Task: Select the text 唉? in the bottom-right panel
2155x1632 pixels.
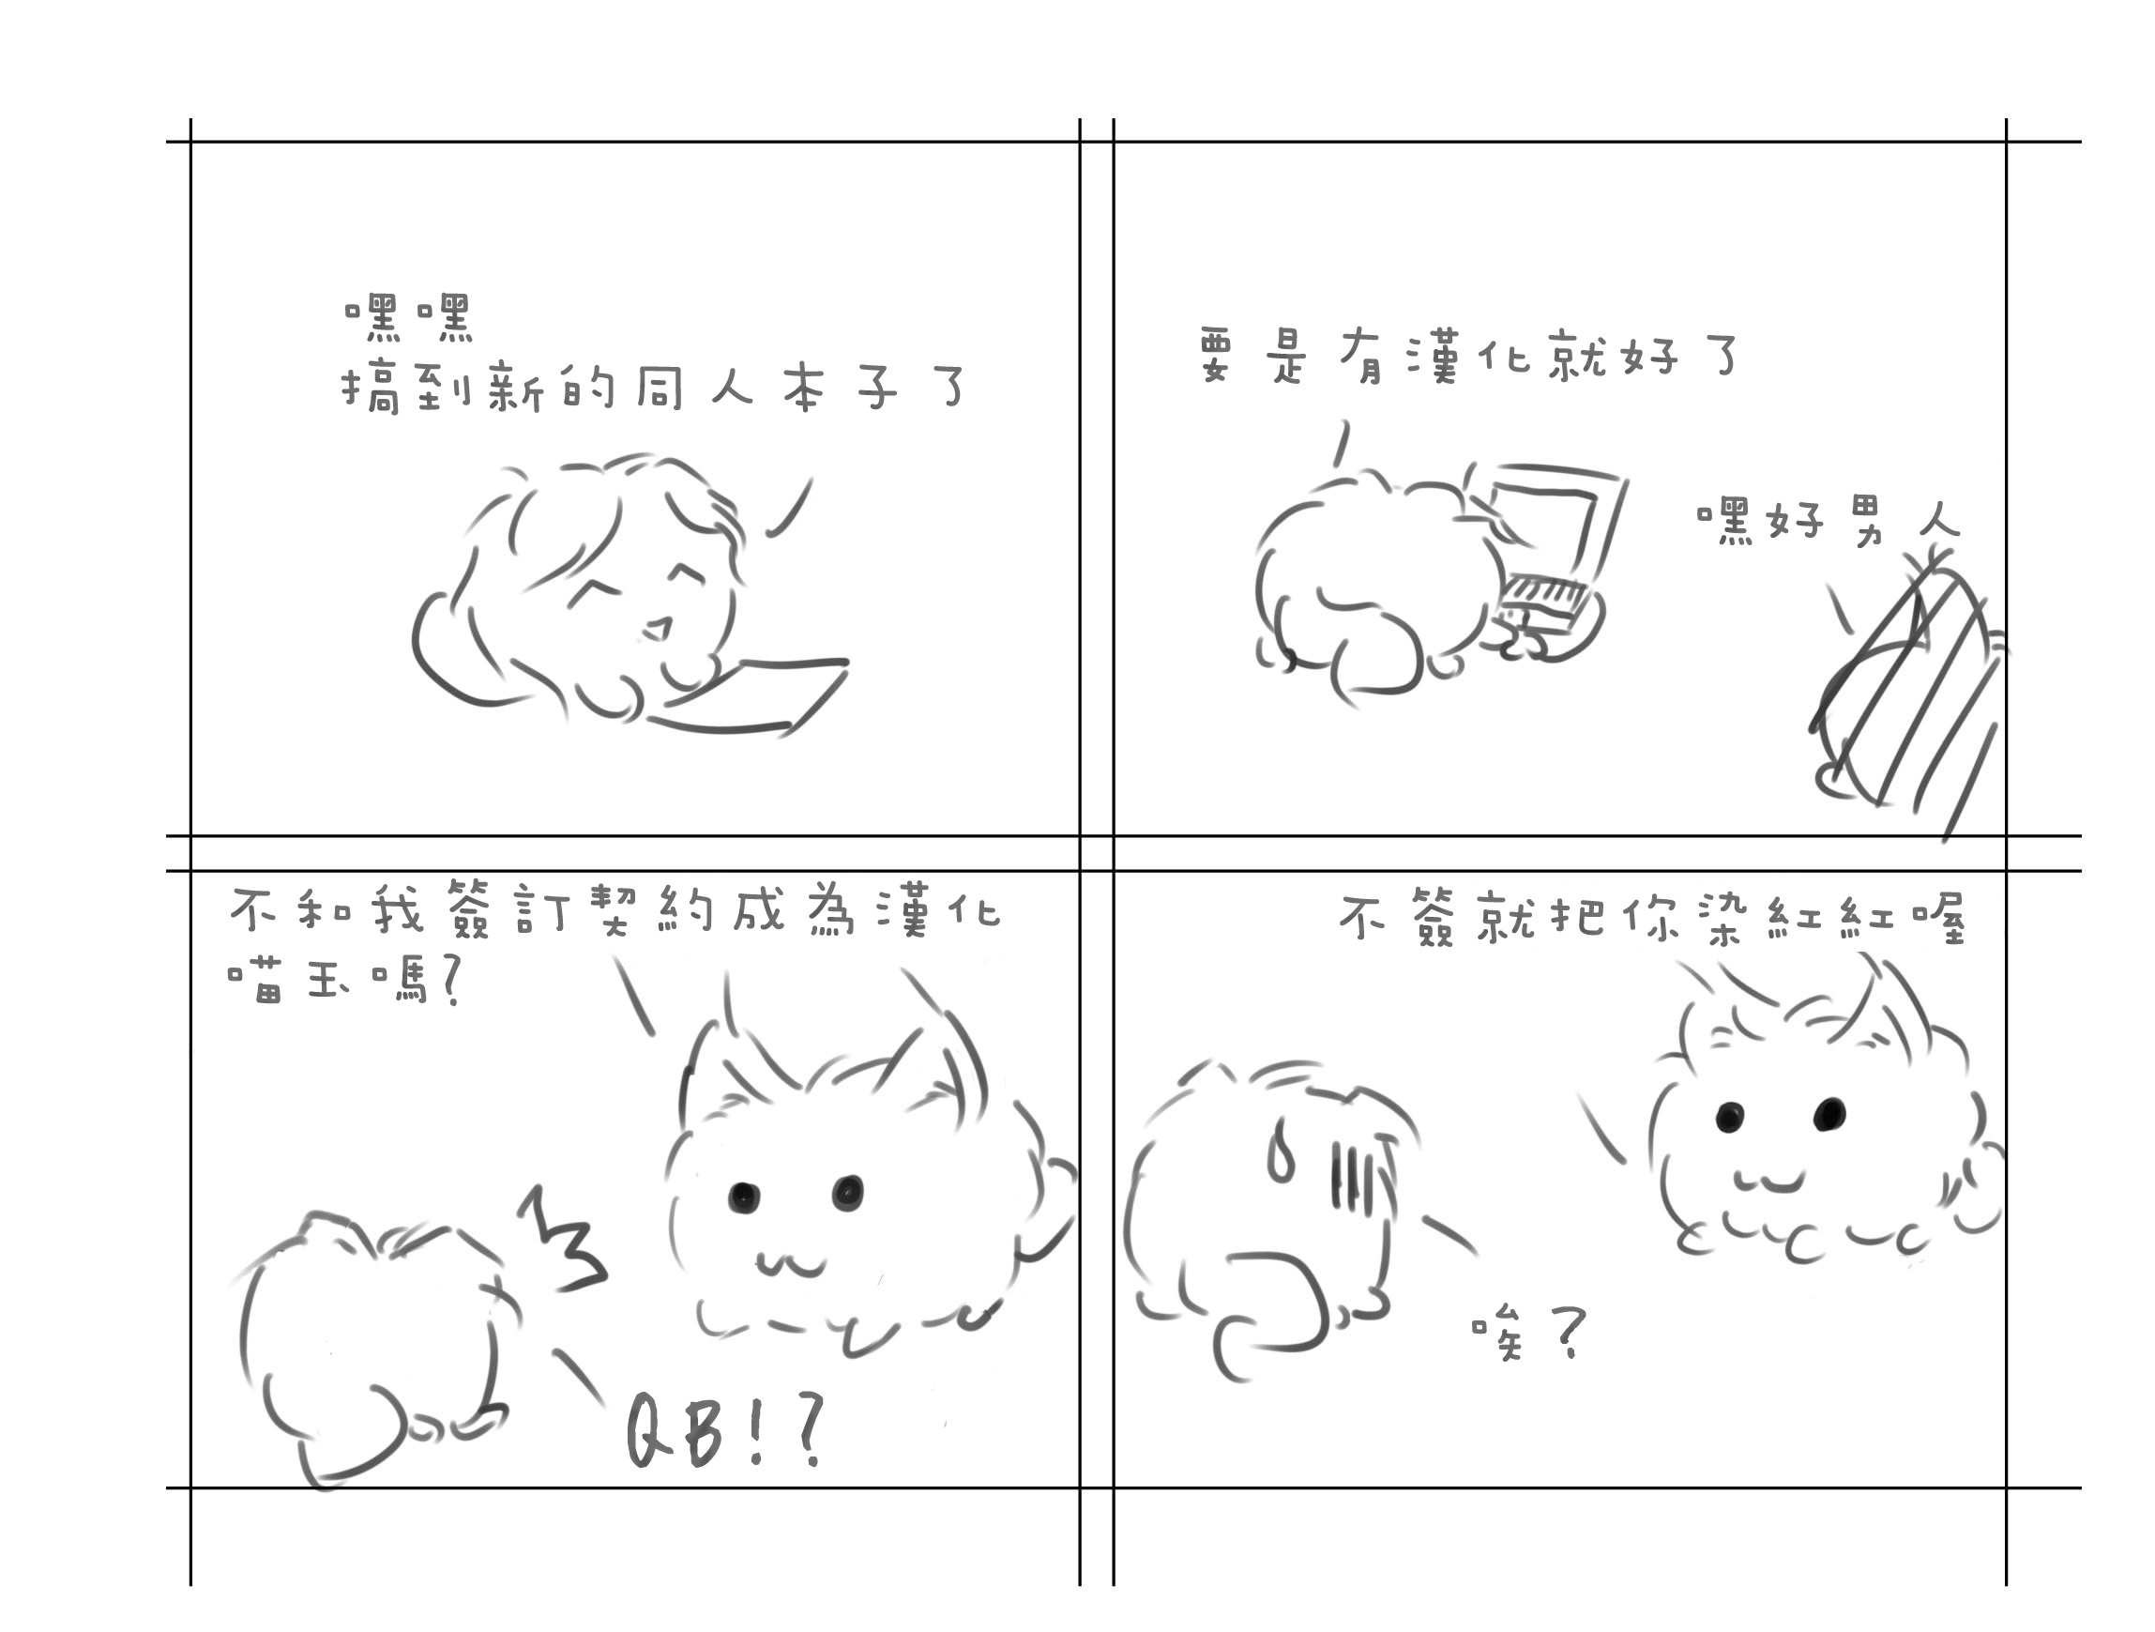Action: coord(1527,1334)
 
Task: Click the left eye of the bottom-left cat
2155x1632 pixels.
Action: coord(742,1196)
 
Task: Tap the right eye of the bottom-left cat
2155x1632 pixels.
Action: coord(846,1191)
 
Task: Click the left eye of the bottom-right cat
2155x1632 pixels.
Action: coord(1729,1117)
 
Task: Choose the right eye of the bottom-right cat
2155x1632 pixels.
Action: coord(1829,1113)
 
